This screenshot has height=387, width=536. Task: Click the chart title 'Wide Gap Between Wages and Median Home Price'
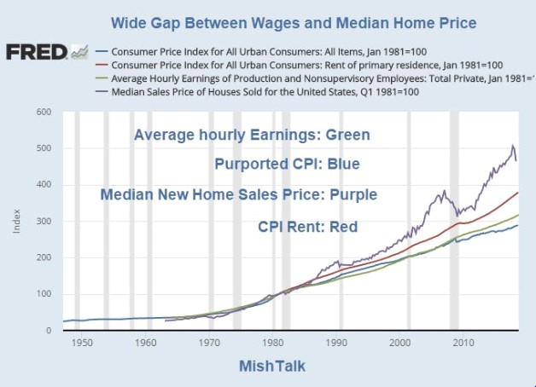tap(294, 22)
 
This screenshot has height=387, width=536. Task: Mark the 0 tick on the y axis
tap(48, 331)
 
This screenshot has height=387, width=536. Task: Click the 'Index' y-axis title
tap(15, 222)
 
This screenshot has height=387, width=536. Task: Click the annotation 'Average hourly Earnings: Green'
tap(252, 135)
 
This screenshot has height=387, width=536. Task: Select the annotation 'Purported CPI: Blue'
tap(287, 164)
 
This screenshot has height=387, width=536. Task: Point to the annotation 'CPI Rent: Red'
tap(307, 227)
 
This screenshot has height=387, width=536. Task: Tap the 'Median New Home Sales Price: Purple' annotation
tap(238, 194)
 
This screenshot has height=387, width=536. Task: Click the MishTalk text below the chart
tap(271, 367)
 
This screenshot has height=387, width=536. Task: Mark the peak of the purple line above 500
tap(512, 145)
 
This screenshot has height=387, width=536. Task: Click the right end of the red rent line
tap(518, 193)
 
